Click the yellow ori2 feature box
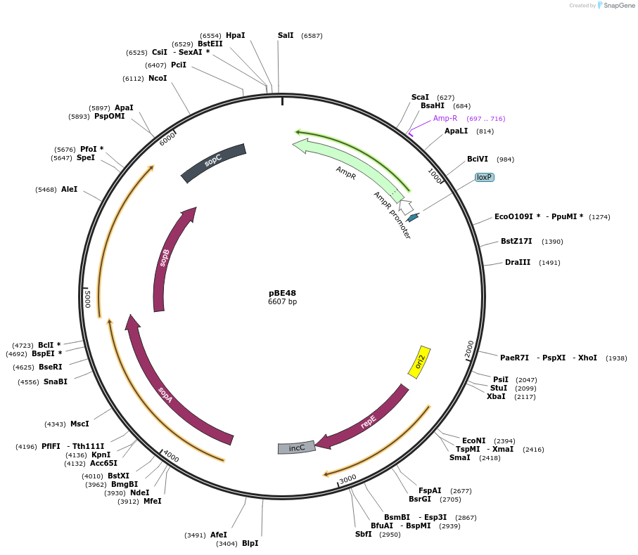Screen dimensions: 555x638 [420, 362]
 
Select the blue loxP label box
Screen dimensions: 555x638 [485, 177]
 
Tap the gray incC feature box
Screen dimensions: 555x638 [297, 448]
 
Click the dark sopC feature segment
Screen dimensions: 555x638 [213, 163]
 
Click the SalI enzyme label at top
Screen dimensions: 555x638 [286, 35]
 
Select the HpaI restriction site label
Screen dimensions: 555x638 [236, 35]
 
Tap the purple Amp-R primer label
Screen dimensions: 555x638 [445, 118]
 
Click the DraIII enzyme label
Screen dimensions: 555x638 [518, 262]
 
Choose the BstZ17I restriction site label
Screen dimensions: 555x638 [516, 241]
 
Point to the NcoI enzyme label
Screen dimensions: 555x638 [158, 78]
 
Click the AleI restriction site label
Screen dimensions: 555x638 [70, 189]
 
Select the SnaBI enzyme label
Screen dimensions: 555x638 [56, 381]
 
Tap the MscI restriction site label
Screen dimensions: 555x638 [79, 424]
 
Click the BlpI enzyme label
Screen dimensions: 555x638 [250, 543]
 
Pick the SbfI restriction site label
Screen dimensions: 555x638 [363, 534]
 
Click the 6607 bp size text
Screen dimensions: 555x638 [283, 302]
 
